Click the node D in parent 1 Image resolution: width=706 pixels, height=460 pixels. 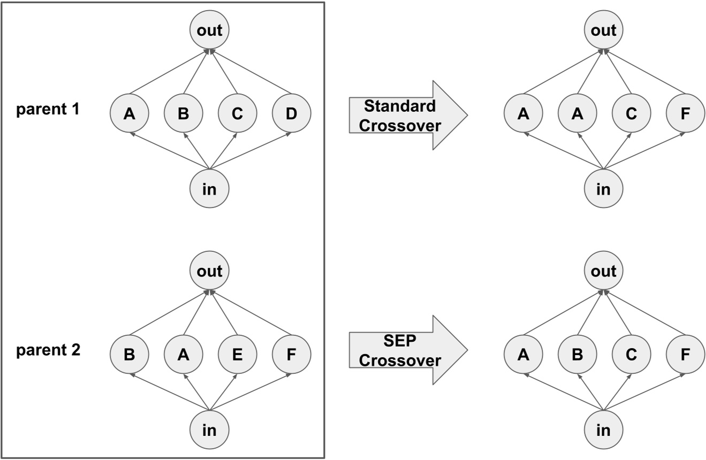(291, 113)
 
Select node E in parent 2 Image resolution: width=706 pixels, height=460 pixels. (237, 354)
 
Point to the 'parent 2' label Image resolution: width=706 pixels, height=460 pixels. (49, 351)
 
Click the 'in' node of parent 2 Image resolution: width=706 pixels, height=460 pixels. (210, 430)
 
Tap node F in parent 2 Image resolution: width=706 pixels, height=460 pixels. (291, 354)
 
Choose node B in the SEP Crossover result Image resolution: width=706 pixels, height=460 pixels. (577, 354)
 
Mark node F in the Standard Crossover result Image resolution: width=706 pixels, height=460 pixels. (686, 113)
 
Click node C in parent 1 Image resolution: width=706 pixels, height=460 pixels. (237, 113)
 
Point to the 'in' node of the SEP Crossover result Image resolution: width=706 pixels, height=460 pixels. (603, 430)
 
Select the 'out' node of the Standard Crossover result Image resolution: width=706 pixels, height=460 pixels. (603, 31)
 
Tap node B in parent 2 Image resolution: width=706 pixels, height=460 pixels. (129, 354)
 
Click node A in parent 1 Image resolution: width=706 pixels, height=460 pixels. (129, 113)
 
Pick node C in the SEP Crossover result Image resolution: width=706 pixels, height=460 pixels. (631, 354)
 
